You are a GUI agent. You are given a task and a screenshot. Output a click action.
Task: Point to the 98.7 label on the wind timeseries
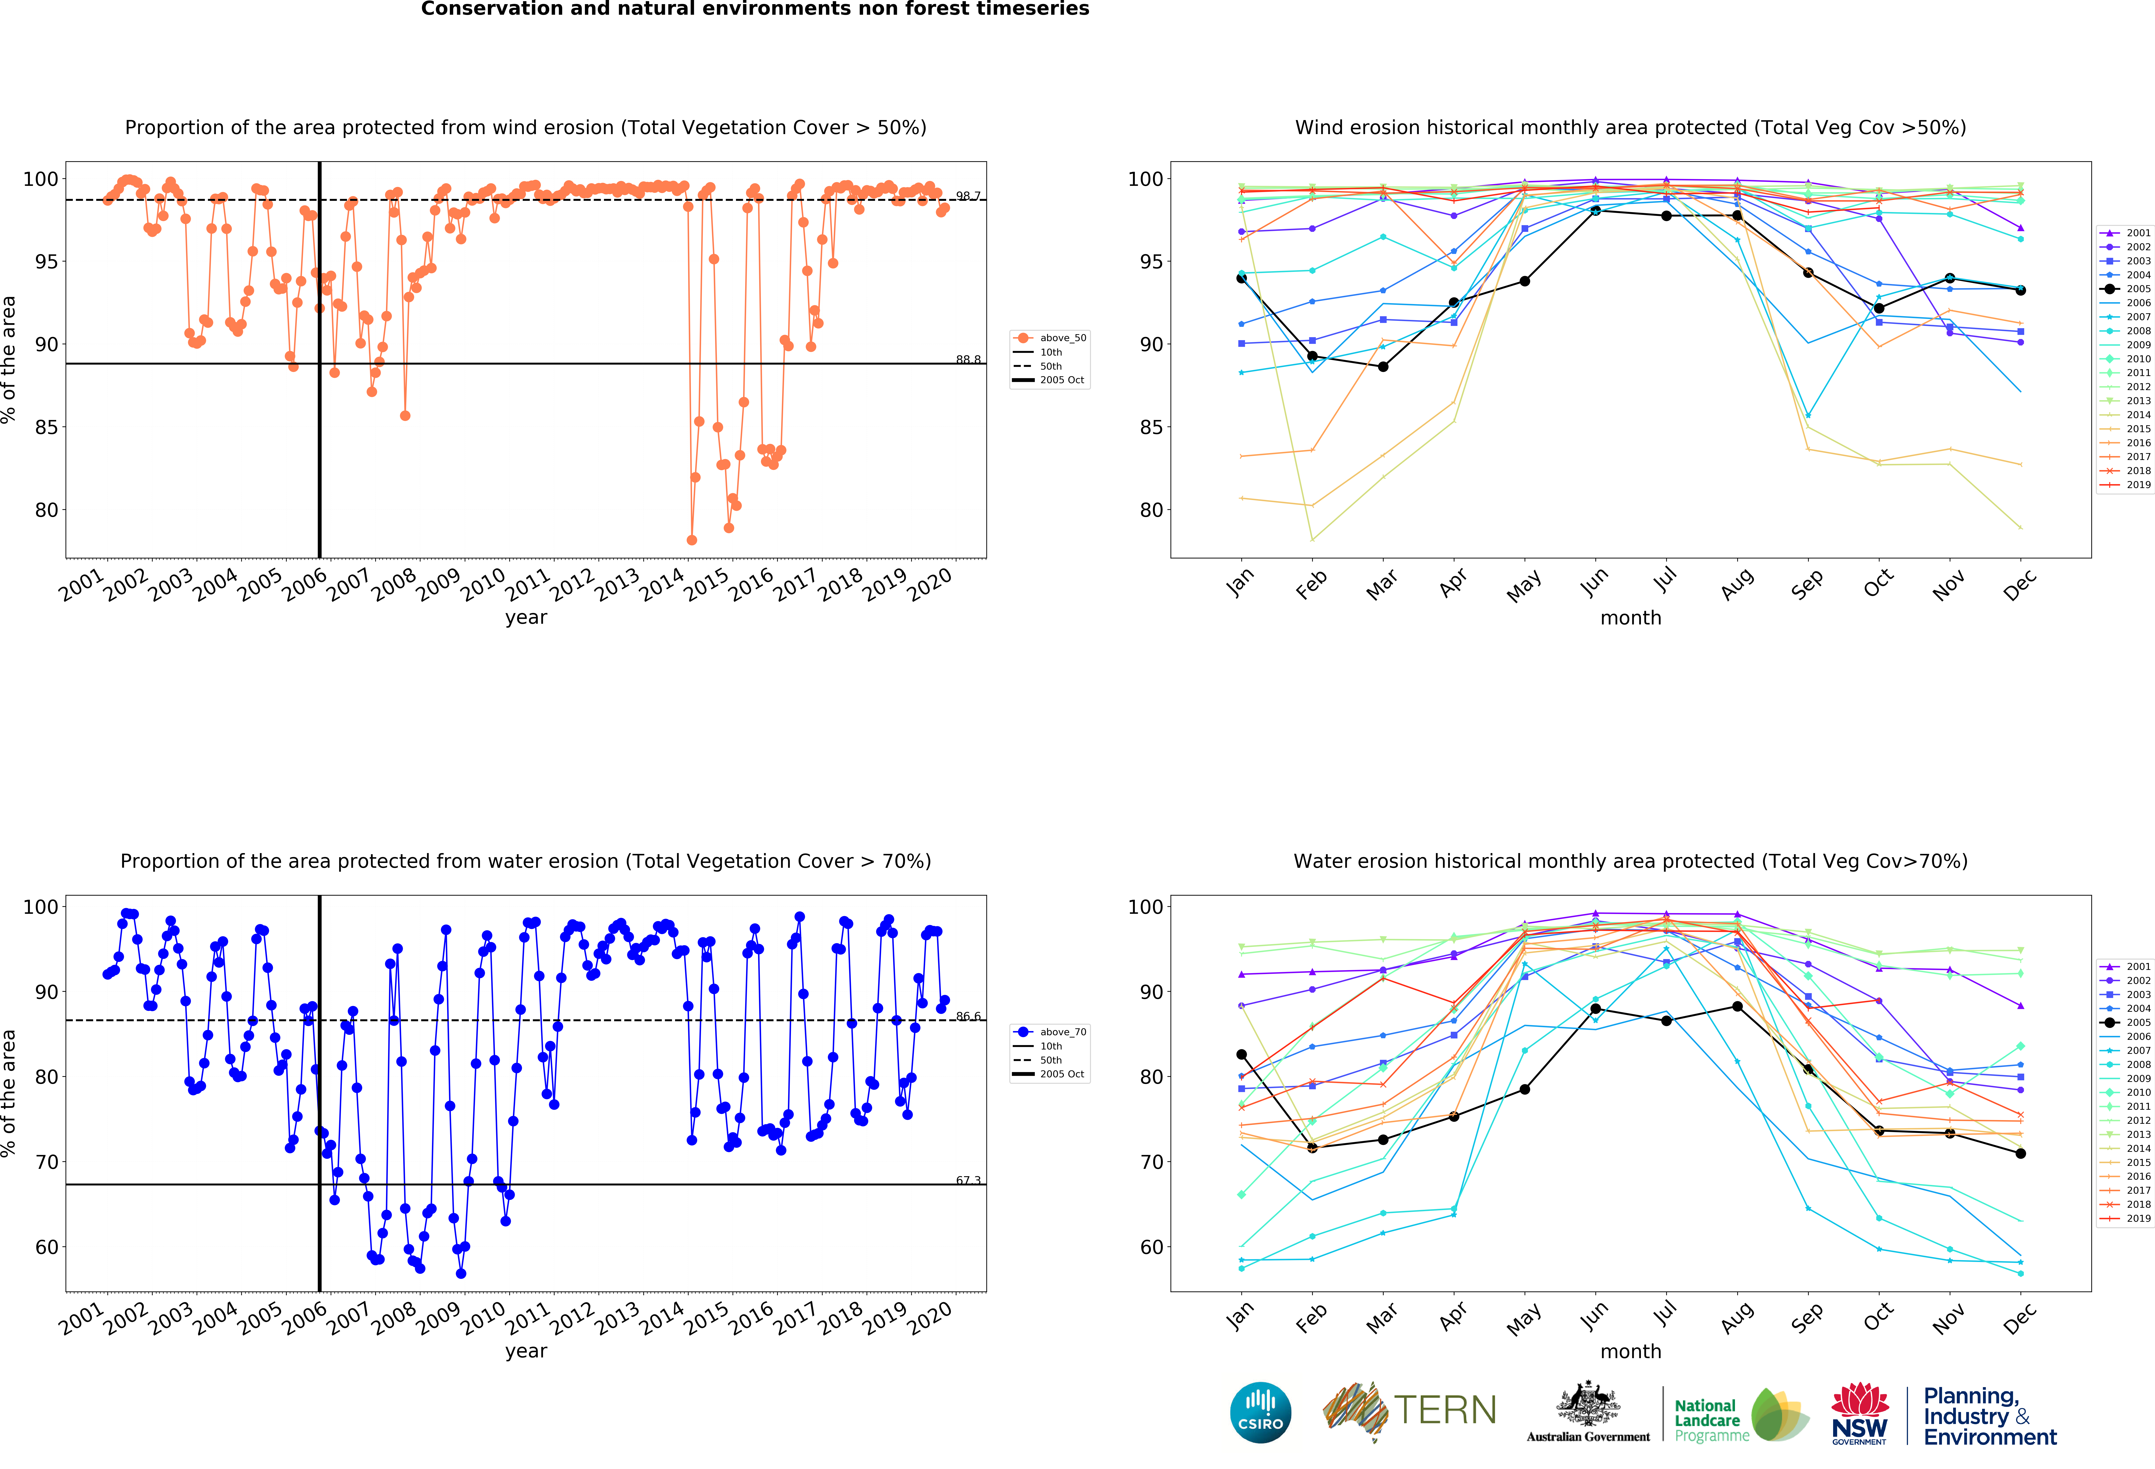coord(968,196)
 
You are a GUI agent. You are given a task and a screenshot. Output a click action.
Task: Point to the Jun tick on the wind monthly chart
coord(1595,582)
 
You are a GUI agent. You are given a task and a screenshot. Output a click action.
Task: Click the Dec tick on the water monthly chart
coord(2020,1317)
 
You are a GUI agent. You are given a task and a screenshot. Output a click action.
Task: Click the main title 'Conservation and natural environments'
coord(755,9)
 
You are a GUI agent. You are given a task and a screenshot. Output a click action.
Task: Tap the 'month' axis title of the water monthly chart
coord(1630,1351)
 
